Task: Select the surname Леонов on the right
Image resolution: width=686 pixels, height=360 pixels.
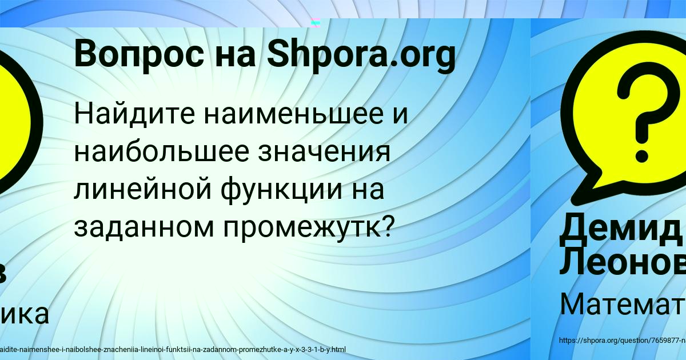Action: (x=622, y=261)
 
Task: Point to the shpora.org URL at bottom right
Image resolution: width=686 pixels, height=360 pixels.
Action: (x=622, y=341)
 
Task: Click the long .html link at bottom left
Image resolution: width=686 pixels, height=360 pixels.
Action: (x=171, y=349)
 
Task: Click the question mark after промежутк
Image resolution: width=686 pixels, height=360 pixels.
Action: (x=386, y=227)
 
